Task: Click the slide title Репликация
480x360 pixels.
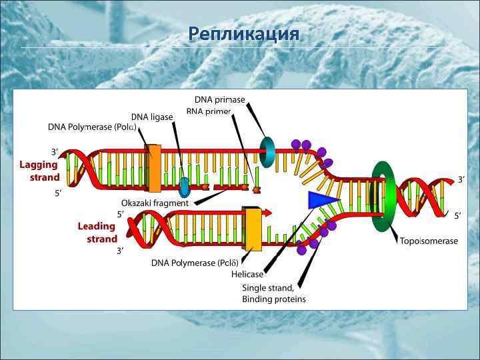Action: tap(244, 33)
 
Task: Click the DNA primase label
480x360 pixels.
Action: tap(219, 99)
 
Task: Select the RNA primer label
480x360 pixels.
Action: tap(209, 111)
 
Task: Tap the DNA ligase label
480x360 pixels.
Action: tap(151, 117)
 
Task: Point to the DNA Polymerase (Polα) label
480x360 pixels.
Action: tap(92, 127)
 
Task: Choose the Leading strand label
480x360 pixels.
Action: tap(97, 232)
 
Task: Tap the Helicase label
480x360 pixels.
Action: tap(247, 274)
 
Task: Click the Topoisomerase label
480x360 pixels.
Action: tap(429, 241)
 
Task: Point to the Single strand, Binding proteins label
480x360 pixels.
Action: tap(273, 293)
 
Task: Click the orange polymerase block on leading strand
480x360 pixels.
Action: tap(252, 229)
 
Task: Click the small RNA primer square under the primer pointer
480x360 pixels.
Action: tap(256, 190)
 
